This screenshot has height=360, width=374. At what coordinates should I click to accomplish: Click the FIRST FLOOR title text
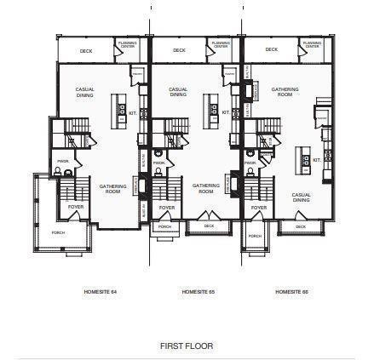click(186, 346)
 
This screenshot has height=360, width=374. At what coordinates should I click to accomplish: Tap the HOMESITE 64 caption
click(101, 292)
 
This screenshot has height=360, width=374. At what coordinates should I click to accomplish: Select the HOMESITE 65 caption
click(199, 292)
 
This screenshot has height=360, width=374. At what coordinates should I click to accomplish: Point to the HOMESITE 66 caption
click(291, 292)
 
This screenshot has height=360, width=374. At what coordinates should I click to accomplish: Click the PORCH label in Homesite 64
click(58, 232)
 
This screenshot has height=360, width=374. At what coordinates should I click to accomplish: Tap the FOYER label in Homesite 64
click(75, 207)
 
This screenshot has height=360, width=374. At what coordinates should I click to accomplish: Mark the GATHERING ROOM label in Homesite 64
click(112, 188)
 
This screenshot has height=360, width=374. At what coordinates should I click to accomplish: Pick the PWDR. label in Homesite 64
click(62, 161)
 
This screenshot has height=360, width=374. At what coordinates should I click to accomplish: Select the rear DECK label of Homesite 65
click(179, 50)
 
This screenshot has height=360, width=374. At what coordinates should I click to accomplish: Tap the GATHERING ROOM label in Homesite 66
click(285, 91)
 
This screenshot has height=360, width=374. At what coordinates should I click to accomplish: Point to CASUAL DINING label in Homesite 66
click(301, 197)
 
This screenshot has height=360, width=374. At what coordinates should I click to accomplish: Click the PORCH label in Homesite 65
click(165, 226)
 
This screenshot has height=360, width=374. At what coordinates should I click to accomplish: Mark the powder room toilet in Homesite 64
click(56, 172)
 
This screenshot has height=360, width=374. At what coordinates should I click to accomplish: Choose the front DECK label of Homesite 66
click(300, 226)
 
